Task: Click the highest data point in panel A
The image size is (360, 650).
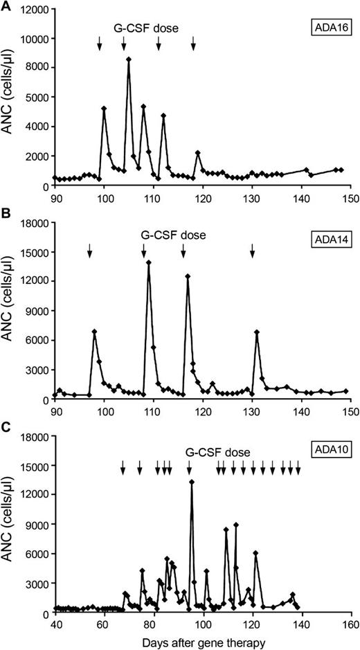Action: [129, 60]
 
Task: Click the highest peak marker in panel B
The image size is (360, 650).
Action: [149, 262]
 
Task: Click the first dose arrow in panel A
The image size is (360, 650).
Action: [100, 44]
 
